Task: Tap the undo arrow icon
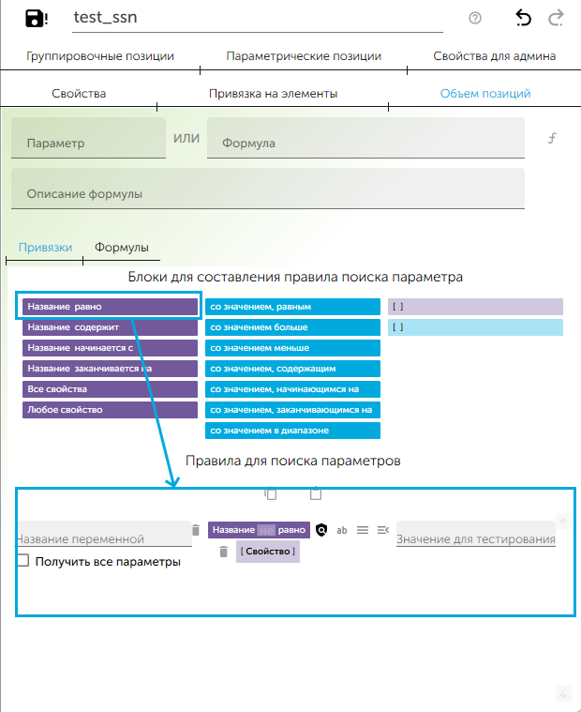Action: pyautogui.click(x=523, y=18)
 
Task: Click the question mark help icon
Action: pyautogui.click(x=475, y=18)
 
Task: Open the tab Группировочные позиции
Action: pyautogui.click(x=100, y=56)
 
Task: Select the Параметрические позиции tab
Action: pyautogui.click(x=304, y=56)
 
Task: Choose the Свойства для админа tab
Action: pyautogui.click(x=494, y=56)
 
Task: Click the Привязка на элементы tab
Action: pyautogui.click(x=273, y=94)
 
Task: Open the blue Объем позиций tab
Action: pyautogui.click(x=485, y=94)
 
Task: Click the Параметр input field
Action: pyautogui.click(x=89, y=144)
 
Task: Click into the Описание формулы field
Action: pyautogui.click(x=267, y=194)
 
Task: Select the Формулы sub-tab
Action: pyautogui.click(x=122, y=248)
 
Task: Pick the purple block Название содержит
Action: pyautogui.click(x=110, y=327)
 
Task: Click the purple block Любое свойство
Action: pyautogui.click(x=110, y=410)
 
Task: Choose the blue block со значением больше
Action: pyautogui.click(x=292, y=327)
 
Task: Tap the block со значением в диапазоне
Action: pyautogui.click(x=292, y=431)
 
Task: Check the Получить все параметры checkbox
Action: pyautogui.click(x=23, y=561)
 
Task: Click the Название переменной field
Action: pyautogui.click(x=104, y=538)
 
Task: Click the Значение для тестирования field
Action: pyautogui.click(x=475, y=538)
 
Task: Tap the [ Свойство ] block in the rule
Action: pyautogui.click(x=268, y=552)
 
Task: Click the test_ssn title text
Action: pyautogui.click(x=105, y=18)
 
